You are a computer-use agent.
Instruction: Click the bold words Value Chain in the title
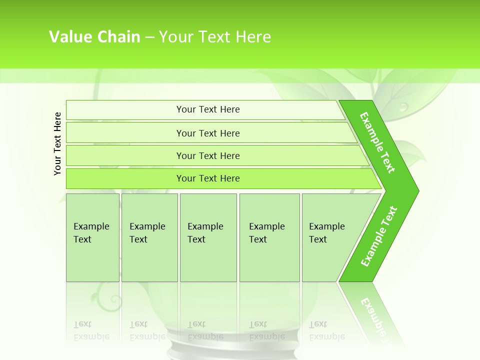tap(94, 37)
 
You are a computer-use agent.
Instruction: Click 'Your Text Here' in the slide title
tap(215, 37)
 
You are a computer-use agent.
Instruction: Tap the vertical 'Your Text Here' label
tap(57, 143)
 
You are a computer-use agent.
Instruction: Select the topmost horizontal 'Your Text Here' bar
tap(207, 109)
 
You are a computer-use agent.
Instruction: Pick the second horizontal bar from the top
tap(207, 133)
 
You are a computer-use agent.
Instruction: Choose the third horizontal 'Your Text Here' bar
tap(207, 155)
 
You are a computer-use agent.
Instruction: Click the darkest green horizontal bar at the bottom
tap(207, 178)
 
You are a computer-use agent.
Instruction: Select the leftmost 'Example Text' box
tap(92, 237)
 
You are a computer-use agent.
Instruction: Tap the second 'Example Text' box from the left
tap(149, 237)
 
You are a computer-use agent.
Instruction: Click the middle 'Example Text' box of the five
tap(208, 237)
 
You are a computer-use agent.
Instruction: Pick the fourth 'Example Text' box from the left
tap(269, 237)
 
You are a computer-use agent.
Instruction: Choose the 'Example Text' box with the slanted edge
tap(330, 237)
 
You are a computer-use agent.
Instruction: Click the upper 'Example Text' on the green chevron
tap(377, 142)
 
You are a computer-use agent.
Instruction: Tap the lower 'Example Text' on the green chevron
tap(379, 236)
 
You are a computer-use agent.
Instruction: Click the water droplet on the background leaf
tap(403, 106)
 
